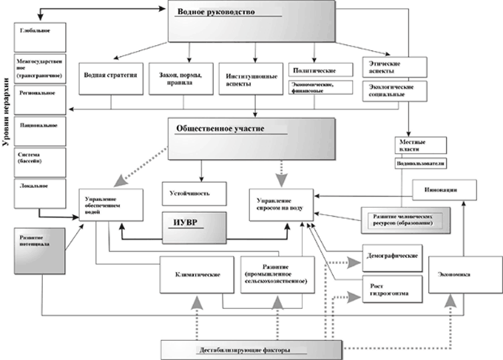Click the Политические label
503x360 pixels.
314,70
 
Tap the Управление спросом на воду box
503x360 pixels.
280,204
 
